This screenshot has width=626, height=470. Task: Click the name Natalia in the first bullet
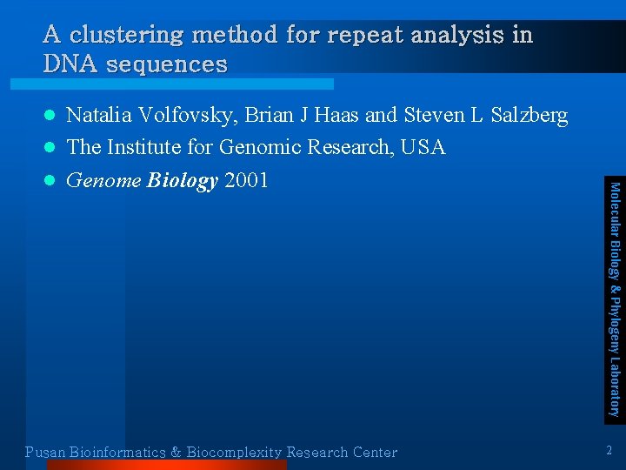96,115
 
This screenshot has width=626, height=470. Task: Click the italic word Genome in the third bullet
103,180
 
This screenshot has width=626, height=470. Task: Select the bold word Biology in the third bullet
183,180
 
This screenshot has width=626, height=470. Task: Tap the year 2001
246,180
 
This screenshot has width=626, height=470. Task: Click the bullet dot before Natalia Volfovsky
50,116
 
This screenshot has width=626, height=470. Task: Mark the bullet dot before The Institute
50,148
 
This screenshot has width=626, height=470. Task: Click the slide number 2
609,450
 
